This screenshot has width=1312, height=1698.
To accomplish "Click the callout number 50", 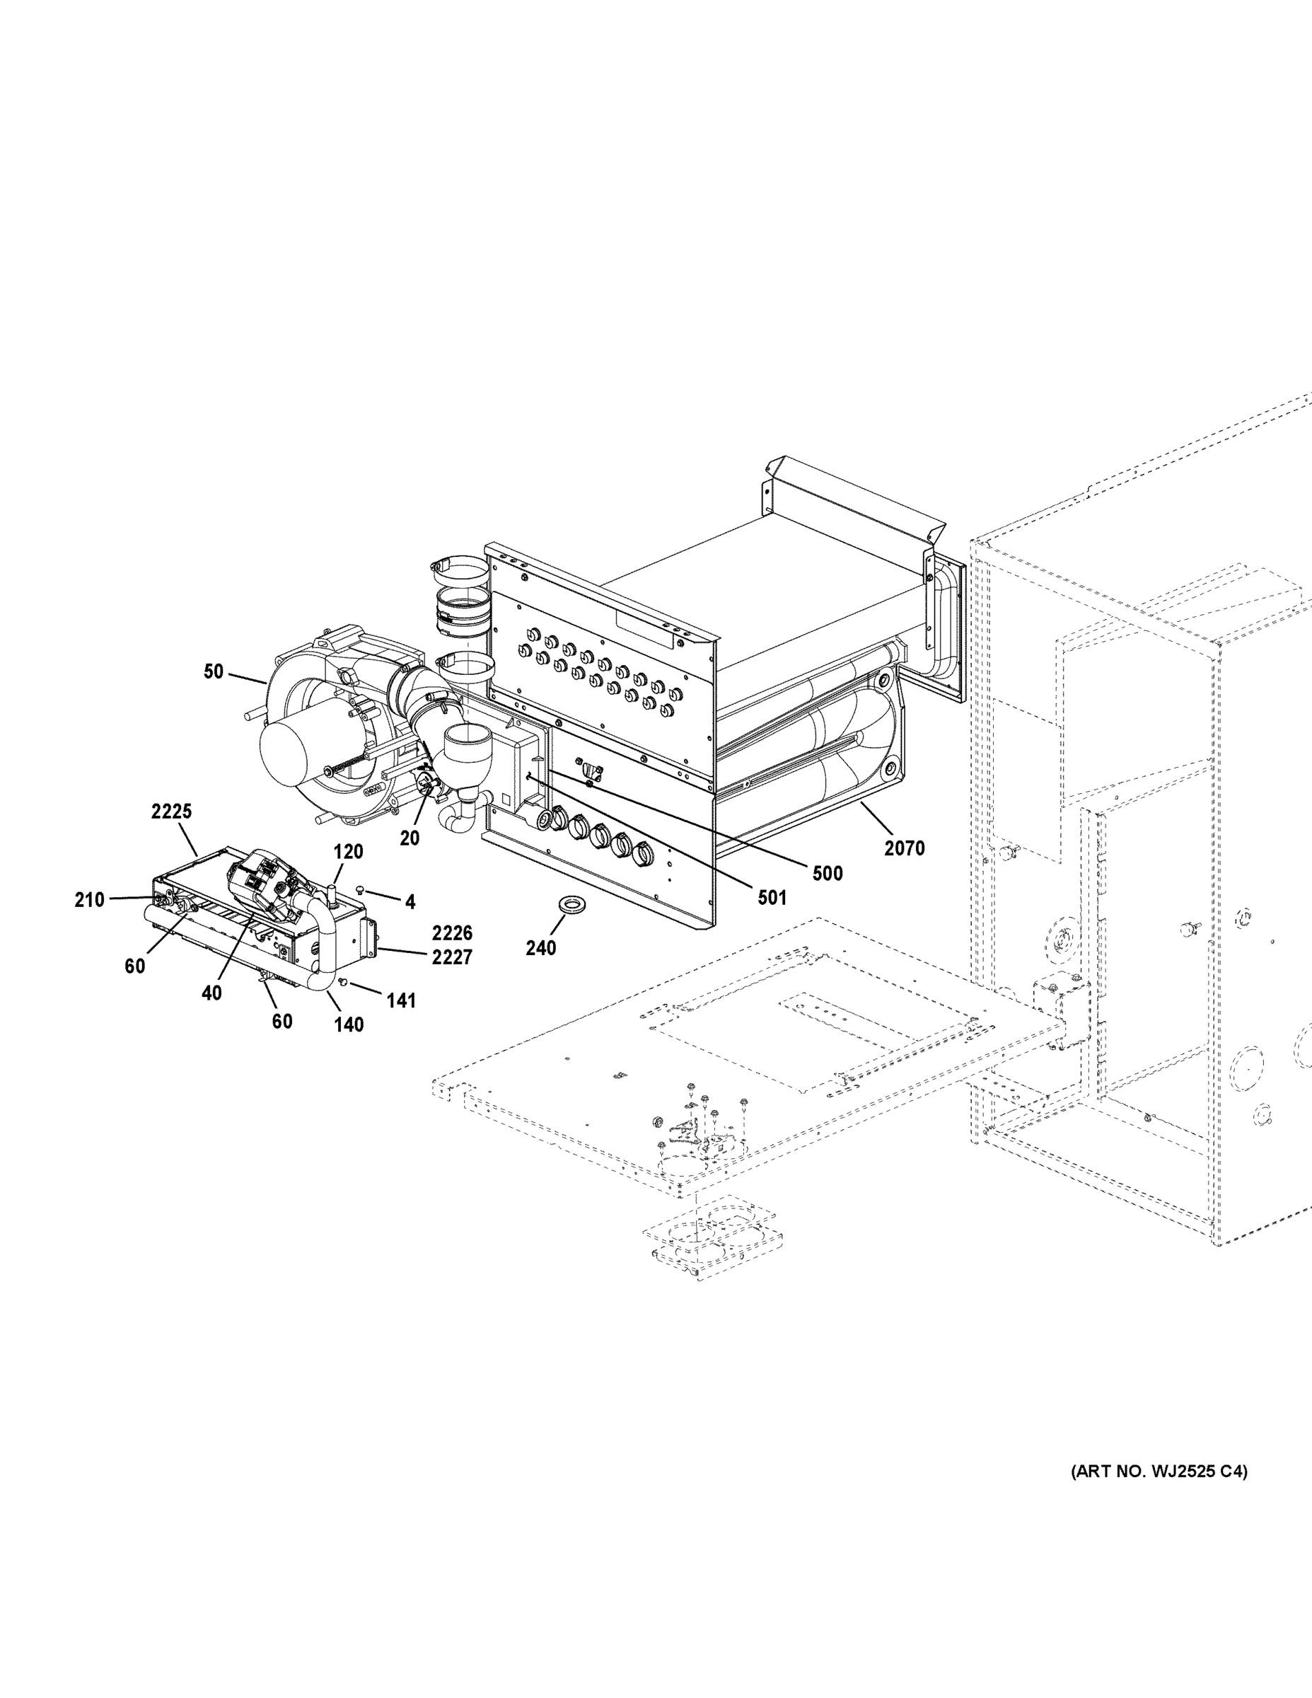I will (213, 671).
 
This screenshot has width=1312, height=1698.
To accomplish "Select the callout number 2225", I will (171, 812).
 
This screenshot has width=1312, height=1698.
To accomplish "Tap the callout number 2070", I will (904, 848).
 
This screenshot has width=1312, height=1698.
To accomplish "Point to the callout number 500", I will (827, 873).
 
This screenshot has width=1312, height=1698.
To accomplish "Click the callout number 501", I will (771, 898).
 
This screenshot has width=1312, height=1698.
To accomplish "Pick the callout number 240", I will (540, 948).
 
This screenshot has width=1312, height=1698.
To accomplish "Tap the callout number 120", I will (347, 852).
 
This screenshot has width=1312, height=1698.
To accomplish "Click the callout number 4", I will (410, 902).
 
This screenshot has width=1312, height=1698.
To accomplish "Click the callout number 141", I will (401, 1000).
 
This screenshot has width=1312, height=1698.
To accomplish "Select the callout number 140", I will (348, 1024).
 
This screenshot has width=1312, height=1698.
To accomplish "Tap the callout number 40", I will (211, 993).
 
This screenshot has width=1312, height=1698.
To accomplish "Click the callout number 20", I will (409, 838).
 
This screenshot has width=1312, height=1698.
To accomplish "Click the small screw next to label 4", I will (361, 889).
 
